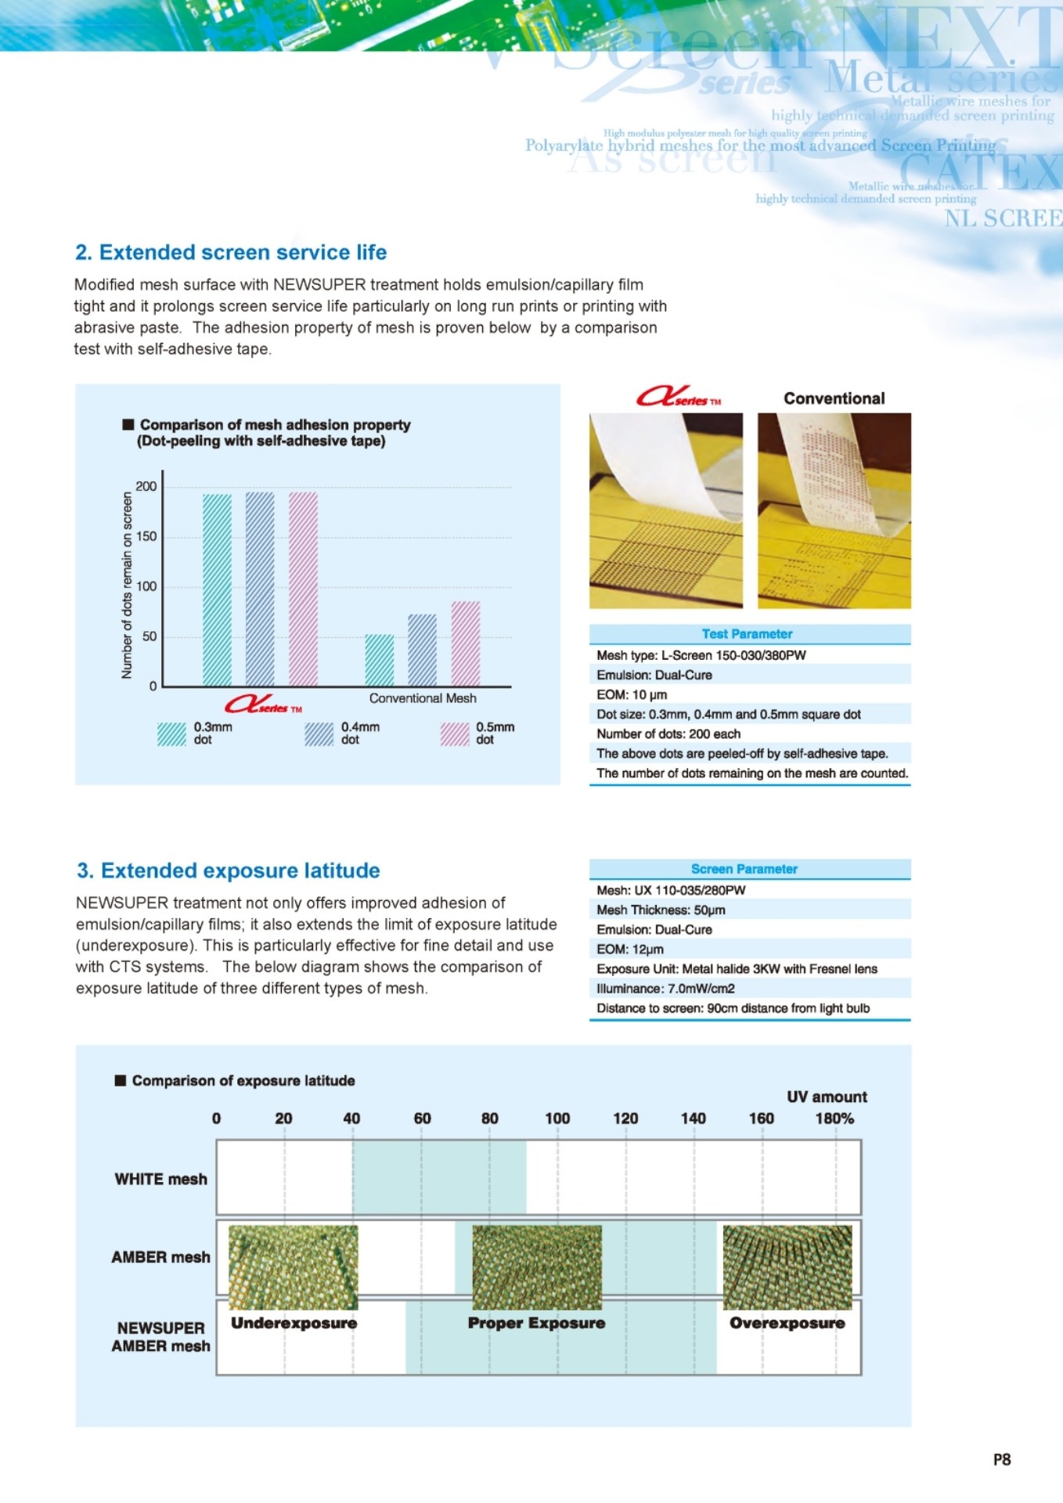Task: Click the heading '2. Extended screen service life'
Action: [231, 252]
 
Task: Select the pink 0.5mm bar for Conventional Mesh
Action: [466, 643]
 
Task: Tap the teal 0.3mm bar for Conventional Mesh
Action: [380, 660]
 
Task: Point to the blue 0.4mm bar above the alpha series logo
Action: [260, 589]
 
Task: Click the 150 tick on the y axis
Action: [146, 536]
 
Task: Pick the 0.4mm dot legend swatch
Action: [319, 733]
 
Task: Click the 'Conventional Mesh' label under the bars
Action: [423, 698]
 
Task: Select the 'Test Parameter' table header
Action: [748, 634]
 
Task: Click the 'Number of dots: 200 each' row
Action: [668, 733]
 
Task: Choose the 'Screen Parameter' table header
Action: [744, 869]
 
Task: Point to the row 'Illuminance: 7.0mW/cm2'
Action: [665, 989]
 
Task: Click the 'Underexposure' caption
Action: [294, 1323]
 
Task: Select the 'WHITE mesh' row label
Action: [161, 1179]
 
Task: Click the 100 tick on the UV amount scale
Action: [557, 1119]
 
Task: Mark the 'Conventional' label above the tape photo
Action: [834, 398]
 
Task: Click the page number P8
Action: [1002, 1459]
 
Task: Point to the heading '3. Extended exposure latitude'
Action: [229, 870]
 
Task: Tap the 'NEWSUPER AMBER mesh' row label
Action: [161, 1337]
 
